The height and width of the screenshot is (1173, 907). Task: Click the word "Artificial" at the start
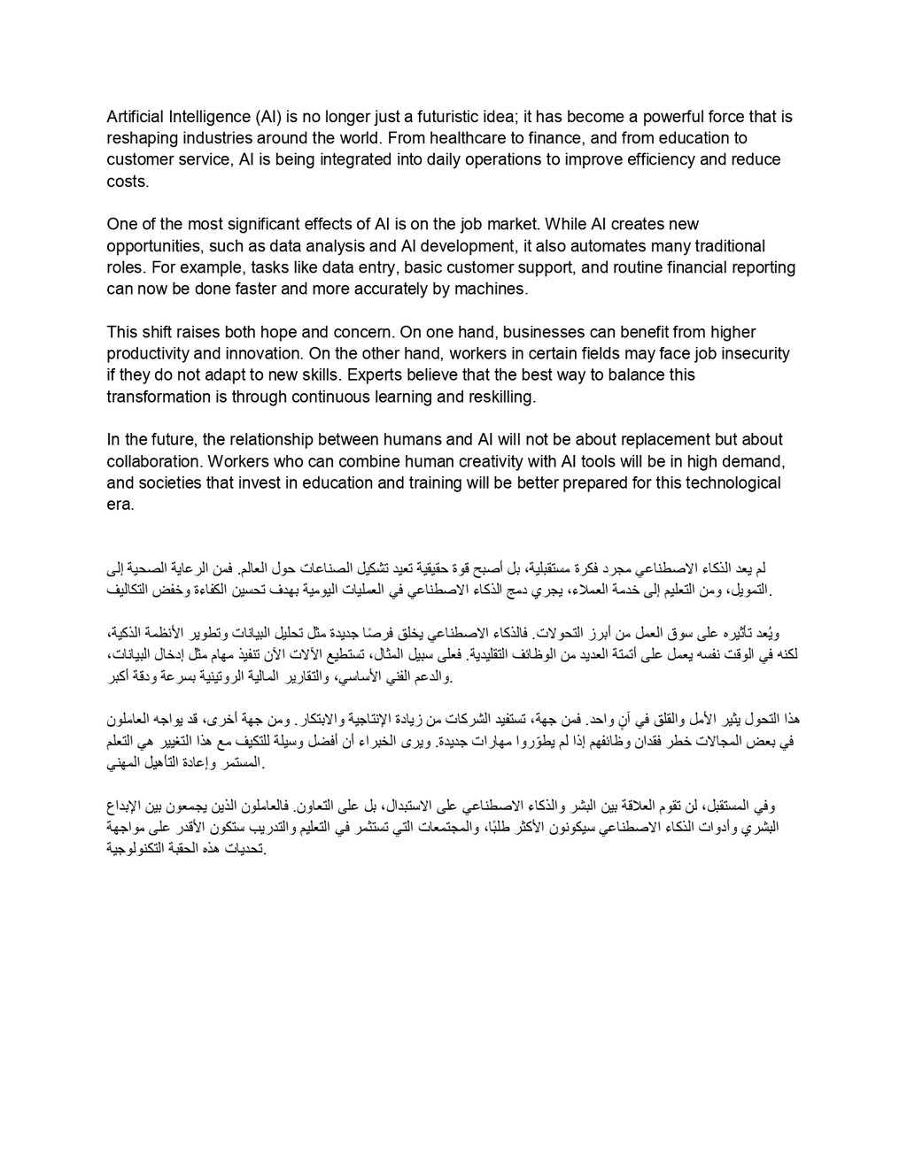pos(135,117)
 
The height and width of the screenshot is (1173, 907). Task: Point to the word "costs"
pos(127,181)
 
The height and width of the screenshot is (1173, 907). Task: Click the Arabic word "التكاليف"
pos(135,590)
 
